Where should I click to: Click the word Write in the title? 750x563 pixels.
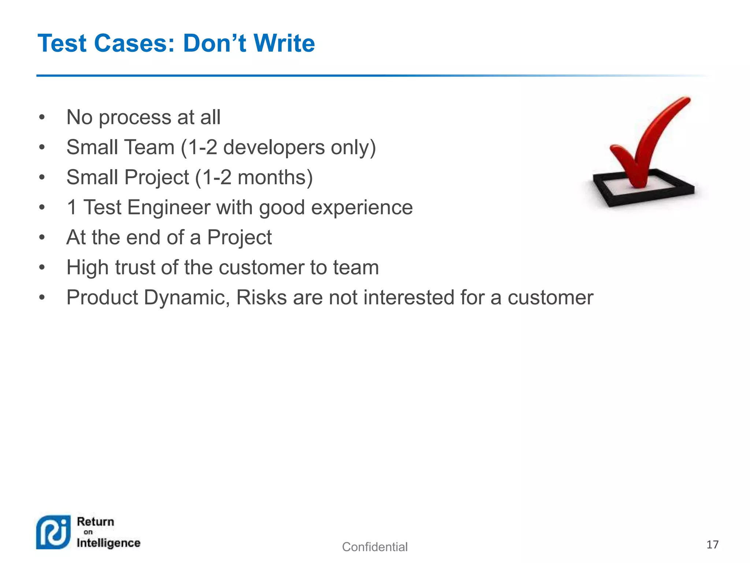click(x=284, y=43)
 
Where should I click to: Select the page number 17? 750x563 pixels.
click(x=712, y=545)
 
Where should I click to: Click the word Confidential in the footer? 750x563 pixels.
click(x=375, y=547)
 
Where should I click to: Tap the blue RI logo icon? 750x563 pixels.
click(x=53, y=532)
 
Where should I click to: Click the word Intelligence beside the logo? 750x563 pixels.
click(x=108, y=543)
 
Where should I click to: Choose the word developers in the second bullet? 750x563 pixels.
click(x=274, y=147)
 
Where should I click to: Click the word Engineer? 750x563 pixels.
click(x=168, y=207)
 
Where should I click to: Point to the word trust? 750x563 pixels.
click(x=135, y=267)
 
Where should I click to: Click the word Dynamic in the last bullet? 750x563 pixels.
click(x=187, y=297)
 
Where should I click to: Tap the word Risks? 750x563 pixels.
click(x=261, y=297)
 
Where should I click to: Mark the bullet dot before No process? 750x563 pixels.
click(x=42, y=118)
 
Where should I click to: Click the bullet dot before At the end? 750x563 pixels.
click(x=42, y=238)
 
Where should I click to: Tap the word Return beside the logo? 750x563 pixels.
click(x=96, y=522)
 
